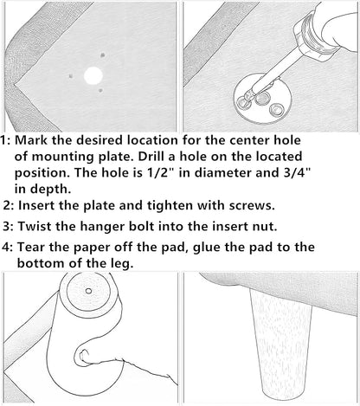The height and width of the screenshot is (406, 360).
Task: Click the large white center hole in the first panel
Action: (x=93, y=76)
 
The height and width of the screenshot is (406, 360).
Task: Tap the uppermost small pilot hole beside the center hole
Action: (x=103, y=55)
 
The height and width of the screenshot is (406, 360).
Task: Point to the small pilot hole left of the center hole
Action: (x=71, y=76)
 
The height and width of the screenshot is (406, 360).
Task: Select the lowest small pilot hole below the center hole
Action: (x=100, y=90)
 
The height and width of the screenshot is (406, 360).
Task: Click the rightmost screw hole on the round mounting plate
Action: (x=276, y=109)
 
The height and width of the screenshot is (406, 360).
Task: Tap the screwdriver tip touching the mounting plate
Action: (x=246, y=97)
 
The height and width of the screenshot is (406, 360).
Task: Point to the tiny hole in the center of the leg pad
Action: (x=89, y=291)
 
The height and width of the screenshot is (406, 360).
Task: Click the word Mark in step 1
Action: (x=32, y=140)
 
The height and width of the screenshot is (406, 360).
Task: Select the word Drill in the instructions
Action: (x=151, y=157)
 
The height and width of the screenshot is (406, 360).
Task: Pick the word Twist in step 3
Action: (x=35, y=226)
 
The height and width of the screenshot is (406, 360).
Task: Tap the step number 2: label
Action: (x=9, y=206)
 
